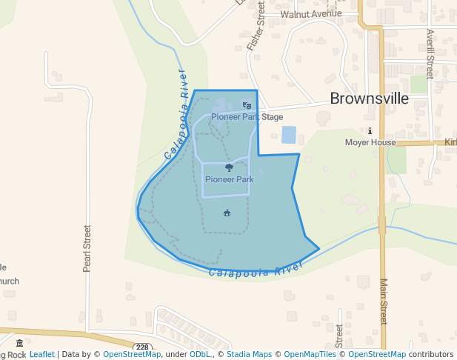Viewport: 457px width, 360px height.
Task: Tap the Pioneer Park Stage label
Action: pos(247,117)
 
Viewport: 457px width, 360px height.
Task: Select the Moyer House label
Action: pos(370,142)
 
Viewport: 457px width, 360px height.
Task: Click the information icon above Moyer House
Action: pos(370,131)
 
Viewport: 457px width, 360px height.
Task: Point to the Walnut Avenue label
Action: pos(311,13)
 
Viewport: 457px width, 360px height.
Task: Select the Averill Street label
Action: pos(430,53)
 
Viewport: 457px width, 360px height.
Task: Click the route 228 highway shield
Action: pos(143,347)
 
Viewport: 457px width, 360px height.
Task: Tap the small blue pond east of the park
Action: pos(289,135)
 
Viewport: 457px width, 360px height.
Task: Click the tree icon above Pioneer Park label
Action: pos(229,168)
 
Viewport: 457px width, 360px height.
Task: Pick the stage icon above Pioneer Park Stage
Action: pos(247,106)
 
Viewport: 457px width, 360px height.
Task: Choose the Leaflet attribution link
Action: pos(42,355)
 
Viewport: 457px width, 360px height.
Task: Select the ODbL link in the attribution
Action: pos(200,355)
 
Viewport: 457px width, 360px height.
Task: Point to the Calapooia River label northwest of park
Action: pos(176,115)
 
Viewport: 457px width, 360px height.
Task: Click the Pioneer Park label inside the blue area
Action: pos(229,179)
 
